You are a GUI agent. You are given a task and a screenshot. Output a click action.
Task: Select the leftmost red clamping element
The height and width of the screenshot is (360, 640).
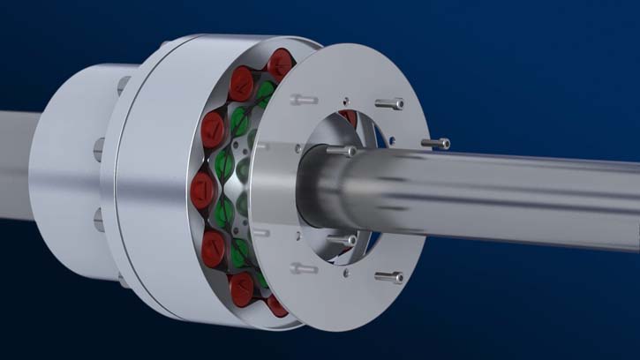[202, 189]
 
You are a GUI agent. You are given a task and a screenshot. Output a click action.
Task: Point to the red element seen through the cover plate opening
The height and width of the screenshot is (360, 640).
[350, 117]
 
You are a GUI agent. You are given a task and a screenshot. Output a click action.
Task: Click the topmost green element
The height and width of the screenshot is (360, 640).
[266, 92]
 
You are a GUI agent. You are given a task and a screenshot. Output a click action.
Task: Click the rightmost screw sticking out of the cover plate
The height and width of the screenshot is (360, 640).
[435, 143]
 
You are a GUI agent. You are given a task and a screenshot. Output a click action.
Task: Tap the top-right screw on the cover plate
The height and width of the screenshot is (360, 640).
[389, 103]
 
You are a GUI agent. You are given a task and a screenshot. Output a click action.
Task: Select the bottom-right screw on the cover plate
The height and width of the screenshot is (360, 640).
[388, 277]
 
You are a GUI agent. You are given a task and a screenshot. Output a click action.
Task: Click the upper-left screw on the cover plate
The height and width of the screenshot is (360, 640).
[303, 100]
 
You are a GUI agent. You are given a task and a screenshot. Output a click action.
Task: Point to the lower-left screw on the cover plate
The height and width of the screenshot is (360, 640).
[304, 267]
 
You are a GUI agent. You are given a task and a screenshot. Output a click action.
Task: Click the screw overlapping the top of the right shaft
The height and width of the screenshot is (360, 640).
[342, 151]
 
